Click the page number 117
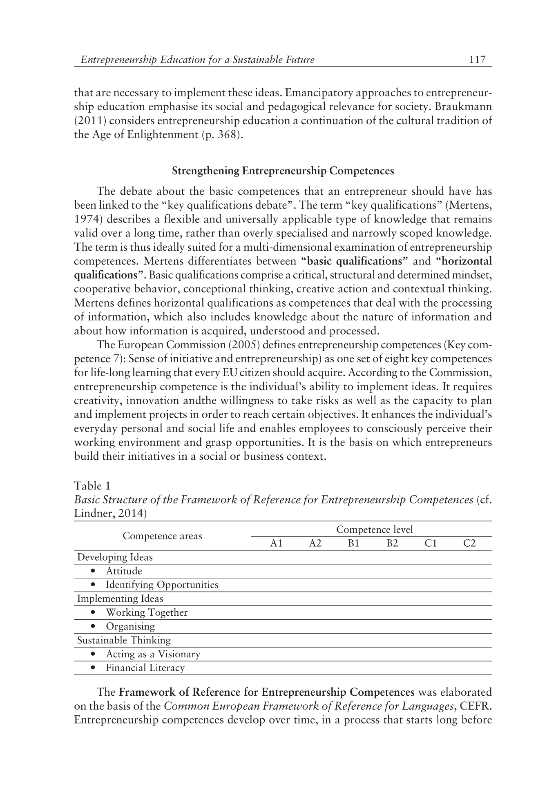(x=478, y=60)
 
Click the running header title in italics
(x=198, y=60)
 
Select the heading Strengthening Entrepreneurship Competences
(x=283, y=171)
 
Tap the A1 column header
(x=277, y=543)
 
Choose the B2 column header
(x=392, y=543)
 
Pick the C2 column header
(x=469, y=543)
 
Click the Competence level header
(x=375, y=530)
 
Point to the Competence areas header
(x=162, y=536)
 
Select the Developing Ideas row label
(x=115, y=557)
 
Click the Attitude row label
(x=124, y=571)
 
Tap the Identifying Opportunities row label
(x=162, y=585)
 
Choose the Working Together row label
(x=147, y=612)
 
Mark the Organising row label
(x=130, y=626)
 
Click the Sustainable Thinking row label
(x=124, y=640)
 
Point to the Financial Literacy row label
(x=145, y=668)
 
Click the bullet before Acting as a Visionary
(x=94, y=654)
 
